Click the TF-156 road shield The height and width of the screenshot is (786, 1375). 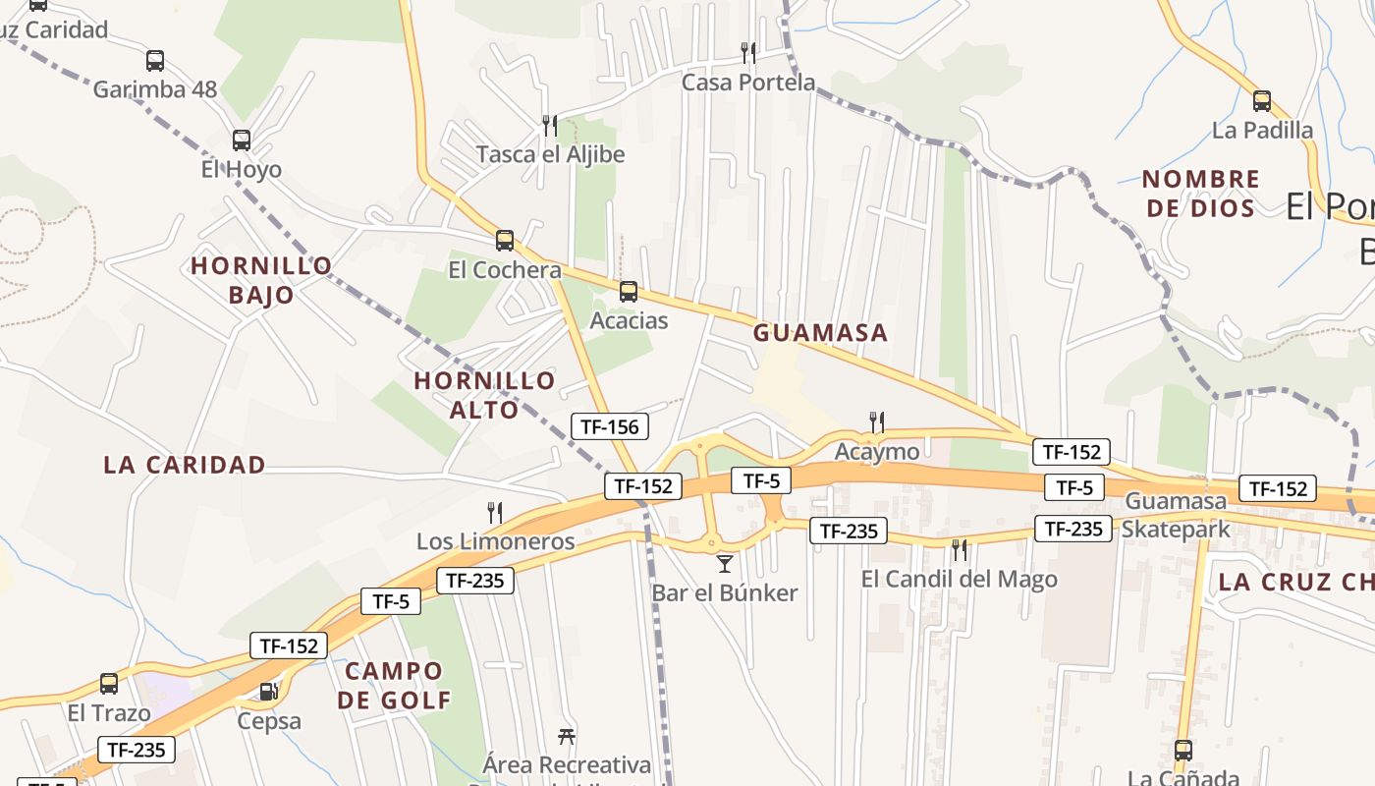610,426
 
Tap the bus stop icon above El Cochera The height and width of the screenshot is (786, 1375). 505,241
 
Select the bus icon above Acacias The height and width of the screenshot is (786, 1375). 629,292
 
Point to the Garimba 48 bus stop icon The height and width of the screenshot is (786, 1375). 155,61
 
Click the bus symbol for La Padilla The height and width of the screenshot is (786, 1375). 1262,100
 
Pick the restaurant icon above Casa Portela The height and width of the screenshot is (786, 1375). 748,52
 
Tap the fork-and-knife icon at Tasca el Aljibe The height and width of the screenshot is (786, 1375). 550,125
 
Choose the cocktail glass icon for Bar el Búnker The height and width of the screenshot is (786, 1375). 725,563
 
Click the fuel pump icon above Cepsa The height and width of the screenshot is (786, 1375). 269,691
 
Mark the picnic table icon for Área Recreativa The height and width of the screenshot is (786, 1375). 567,736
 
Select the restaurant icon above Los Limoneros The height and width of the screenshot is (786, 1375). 495,512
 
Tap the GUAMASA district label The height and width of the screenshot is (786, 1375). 820,333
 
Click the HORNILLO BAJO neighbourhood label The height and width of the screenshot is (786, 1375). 261,280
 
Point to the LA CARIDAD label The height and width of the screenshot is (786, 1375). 185,465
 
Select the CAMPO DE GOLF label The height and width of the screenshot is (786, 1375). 394,686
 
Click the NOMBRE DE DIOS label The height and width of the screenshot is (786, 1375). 1201,194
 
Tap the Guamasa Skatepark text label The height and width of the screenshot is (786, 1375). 1177,515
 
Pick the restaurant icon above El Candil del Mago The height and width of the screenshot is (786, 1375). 960,550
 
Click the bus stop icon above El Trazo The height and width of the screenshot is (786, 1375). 109,683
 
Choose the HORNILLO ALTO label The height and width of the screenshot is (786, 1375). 484,395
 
